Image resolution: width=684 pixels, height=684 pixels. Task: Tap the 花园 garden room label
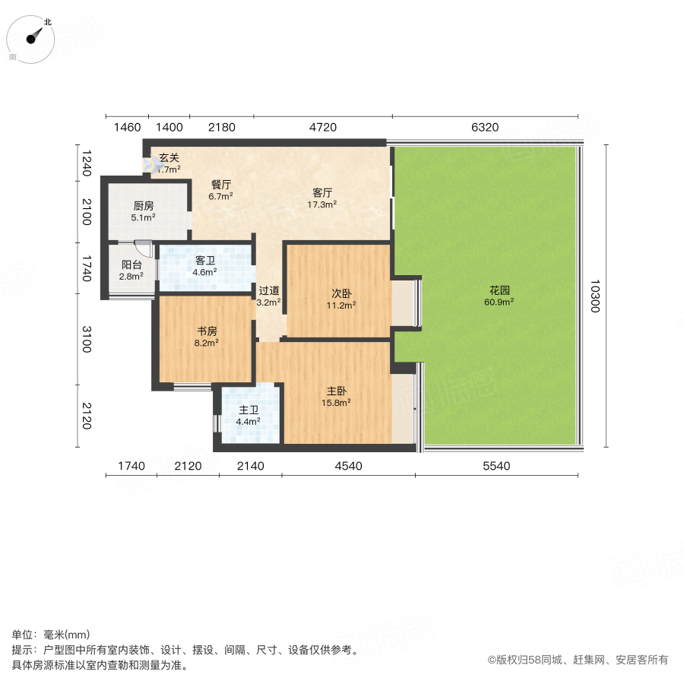pyautogui.click(x=499, y=290)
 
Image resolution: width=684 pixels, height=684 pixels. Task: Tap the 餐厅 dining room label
pyautogui.click(x=221, y=183)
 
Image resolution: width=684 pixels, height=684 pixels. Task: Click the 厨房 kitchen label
pyautogui.click(x=144, y=205)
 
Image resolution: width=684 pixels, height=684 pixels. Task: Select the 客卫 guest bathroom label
pyautogui.click(x=204, y=260)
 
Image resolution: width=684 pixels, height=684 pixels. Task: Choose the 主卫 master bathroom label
pyautogui.click(x=249, y=410)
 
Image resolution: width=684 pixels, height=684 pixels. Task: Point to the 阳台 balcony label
pyautogui.click(x=132, y=264)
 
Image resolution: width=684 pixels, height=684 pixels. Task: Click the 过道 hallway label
pyautogui.click(x=269, y=290)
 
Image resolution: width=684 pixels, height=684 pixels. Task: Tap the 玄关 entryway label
pyautogui.click(x=169, y=158)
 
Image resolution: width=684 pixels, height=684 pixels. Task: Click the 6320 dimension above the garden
pyautogui.click(x=484, y=127)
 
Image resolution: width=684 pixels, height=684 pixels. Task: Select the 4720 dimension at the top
pyautogui.click(x=322, y=127)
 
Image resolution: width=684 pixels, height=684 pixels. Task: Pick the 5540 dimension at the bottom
pyautogui.click(x=496, y=466)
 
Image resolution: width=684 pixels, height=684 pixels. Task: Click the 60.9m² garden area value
pyautogui.click(x=499, y=302)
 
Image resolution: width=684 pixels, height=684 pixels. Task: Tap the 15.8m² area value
pyautogui.click(x=338, y=403)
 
